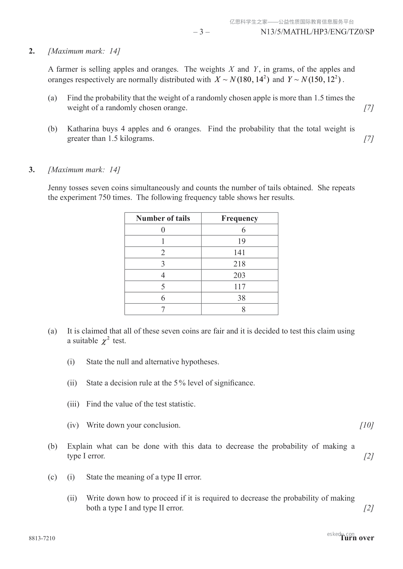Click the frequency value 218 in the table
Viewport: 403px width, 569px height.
[x=239, y=264]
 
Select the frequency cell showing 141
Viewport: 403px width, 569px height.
[x=239, y=252]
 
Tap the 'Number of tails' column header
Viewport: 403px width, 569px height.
[x=163, y=218]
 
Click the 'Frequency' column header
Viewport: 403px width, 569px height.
[x=240, y=218]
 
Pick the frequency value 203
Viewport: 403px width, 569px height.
[x=239, y=275]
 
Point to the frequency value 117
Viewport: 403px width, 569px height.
[x=240, y=287]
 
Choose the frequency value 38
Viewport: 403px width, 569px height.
[x=241, y=298]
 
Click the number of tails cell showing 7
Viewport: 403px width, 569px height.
[x=163, y=310]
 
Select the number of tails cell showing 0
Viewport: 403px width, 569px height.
[x=163, y=230]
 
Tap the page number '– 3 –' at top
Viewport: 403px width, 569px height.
[x=201, y=32]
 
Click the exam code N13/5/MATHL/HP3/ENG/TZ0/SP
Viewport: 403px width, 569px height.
[x=317, y=32]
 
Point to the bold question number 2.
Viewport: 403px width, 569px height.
[x=32, y=51]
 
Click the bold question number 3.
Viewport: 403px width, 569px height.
[x=32, y=170]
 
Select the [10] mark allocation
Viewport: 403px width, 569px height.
[x=366, y=425]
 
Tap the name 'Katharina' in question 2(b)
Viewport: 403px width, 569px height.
[x=83, y=129]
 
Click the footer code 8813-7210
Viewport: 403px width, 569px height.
[x=42, y=538]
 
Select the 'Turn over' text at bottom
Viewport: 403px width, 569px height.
[x=357, y=538]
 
